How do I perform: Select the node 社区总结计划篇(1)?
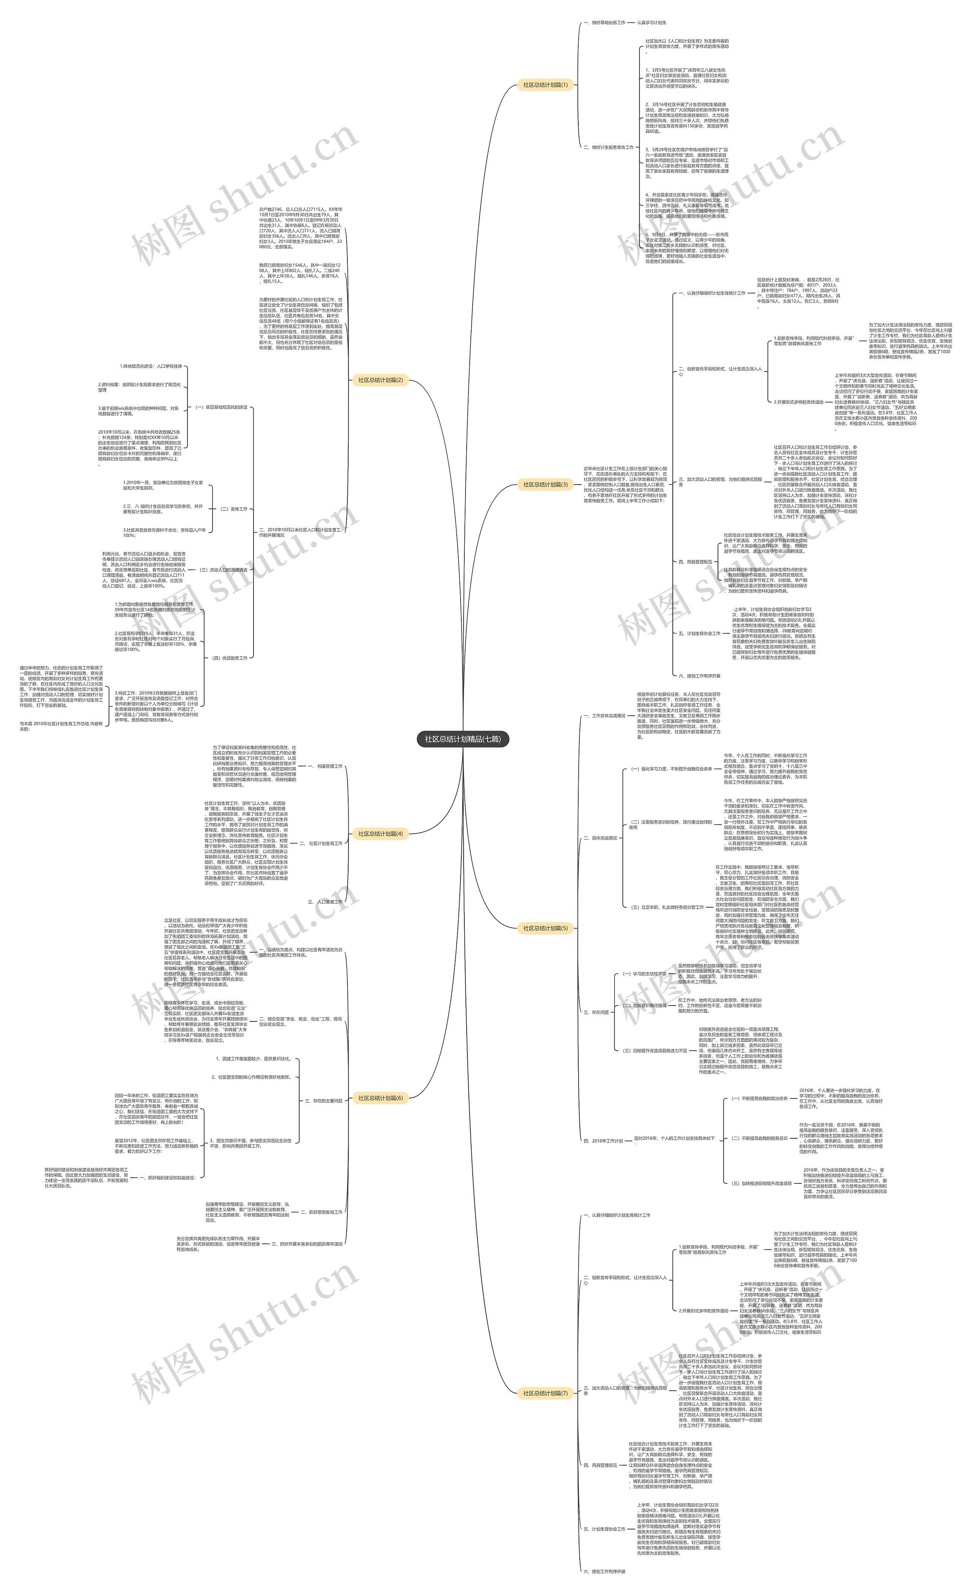click(545, 85)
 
